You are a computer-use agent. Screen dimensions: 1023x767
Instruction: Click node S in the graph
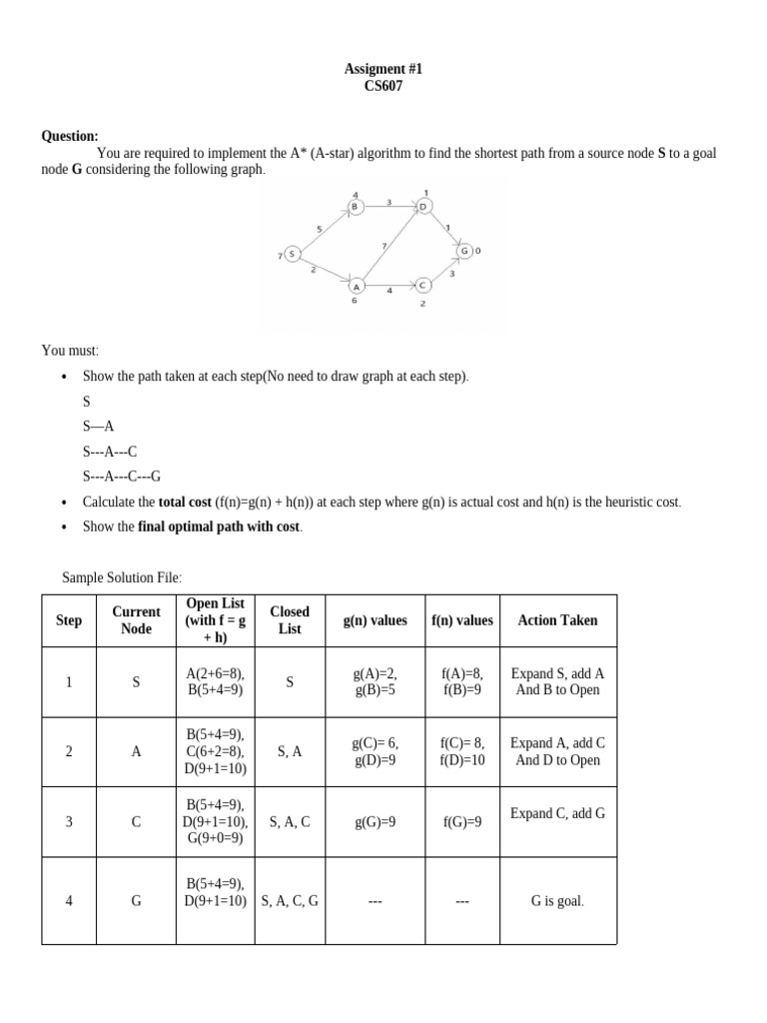292,254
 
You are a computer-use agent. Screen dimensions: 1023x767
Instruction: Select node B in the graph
355,207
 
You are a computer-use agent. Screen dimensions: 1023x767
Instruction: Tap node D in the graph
423,207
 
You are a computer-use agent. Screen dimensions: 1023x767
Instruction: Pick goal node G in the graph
465,250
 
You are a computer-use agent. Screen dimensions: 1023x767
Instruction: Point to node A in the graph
355,285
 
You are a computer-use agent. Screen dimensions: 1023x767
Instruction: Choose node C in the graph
422,285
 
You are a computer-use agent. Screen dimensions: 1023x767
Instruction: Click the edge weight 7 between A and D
383,245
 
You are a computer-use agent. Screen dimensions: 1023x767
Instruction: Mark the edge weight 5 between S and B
319,229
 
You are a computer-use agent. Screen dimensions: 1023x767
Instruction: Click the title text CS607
383,87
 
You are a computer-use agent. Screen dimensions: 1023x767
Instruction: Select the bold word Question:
69,136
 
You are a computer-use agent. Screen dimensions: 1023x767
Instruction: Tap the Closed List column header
290,619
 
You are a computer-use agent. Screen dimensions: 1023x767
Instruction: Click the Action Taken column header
557,620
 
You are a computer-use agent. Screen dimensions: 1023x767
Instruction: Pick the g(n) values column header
375,620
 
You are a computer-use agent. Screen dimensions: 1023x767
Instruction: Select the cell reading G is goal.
557,900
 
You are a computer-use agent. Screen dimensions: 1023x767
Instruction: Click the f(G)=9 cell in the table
461,822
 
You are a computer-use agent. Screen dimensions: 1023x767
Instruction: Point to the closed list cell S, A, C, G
290,900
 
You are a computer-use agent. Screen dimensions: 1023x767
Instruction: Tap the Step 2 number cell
69,751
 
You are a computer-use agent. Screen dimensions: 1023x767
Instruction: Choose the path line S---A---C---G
122,476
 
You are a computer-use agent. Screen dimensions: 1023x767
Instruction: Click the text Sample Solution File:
122,577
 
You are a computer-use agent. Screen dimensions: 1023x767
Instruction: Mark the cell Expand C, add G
557,813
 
